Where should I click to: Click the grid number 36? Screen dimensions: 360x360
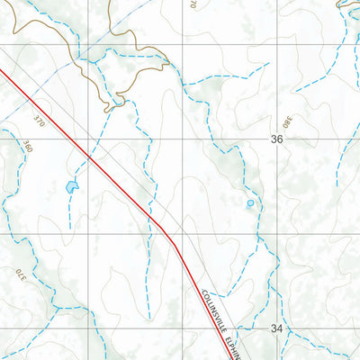pyautogui.click(x=276, y=139)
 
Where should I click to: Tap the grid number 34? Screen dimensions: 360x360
pyautogui.click(x=276, y=329)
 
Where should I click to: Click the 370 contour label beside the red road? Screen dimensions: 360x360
pyautogui.click(x=38, y=120)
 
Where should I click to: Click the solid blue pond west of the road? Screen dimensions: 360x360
pyautogui.click(x=71, y=187)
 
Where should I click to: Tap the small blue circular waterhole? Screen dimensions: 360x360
pyautogui.click(x=250, y=203)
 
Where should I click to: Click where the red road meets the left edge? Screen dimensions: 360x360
pyautogui.click(x=2, y=74)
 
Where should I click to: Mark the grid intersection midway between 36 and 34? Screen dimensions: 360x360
pyautogui.click(x=276, y=235)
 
